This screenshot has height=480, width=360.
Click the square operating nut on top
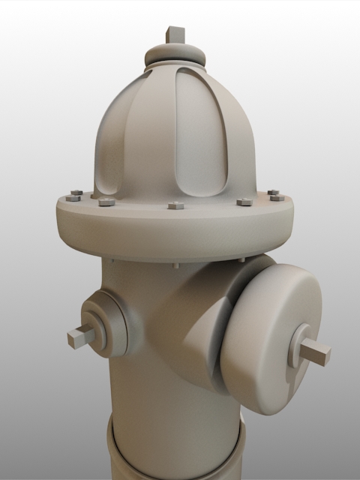175,34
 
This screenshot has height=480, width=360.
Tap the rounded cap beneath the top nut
175,55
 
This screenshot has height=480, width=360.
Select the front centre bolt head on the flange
175,205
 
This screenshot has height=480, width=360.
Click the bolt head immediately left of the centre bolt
106,201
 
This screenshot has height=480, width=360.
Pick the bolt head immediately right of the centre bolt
244,202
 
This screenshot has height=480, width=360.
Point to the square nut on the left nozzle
81,337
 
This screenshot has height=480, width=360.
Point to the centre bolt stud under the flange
175,265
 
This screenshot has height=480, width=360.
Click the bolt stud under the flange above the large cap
241,259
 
